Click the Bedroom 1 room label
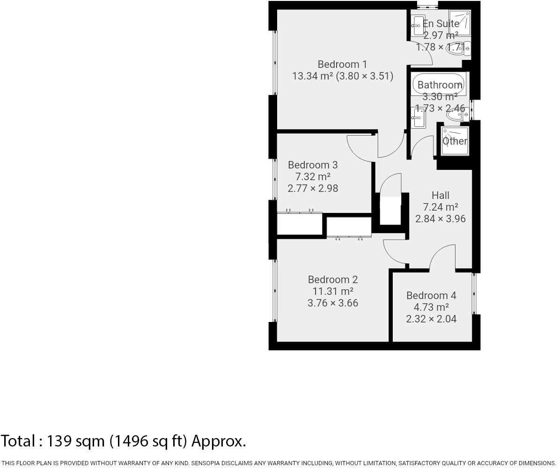[342, 64]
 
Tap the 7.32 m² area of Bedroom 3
[313, 176]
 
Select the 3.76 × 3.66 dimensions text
[333, 303]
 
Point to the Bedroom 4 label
[431, 295]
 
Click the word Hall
[441, 195]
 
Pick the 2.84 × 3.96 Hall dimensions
[441, 219]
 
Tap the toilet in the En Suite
[459, 49]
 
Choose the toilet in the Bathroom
[457, 114]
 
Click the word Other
[455, 141]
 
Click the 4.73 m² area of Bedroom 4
[431, 307]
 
